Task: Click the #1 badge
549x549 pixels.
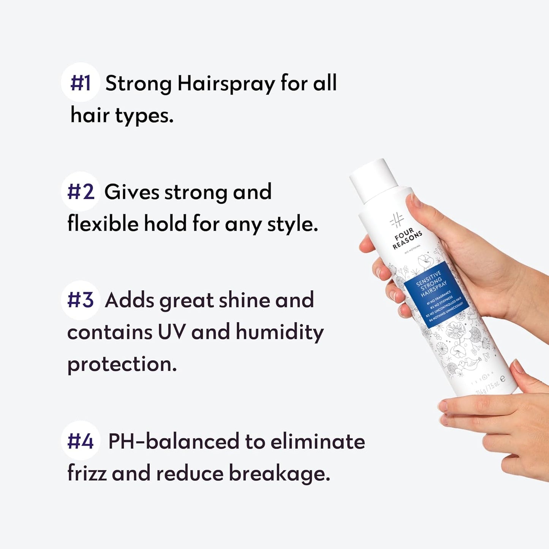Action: [x=80, y=82]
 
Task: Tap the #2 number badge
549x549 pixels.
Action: [x=80, y=191]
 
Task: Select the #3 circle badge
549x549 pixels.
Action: [x=80, y=300]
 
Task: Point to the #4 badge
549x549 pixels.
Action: [x=80, y=441]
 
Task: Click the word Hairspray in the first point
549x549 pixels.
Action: [x=226, y=84]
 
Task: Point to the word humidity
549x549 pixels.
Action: [x=280, y=332]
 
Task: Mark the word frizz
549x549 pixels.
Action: [x=87, y=473]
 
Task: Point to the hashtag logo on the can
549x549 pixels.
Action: [x=396, y=220]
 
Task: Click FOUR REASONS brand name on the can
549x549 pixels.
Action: [x=407, y=239]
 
